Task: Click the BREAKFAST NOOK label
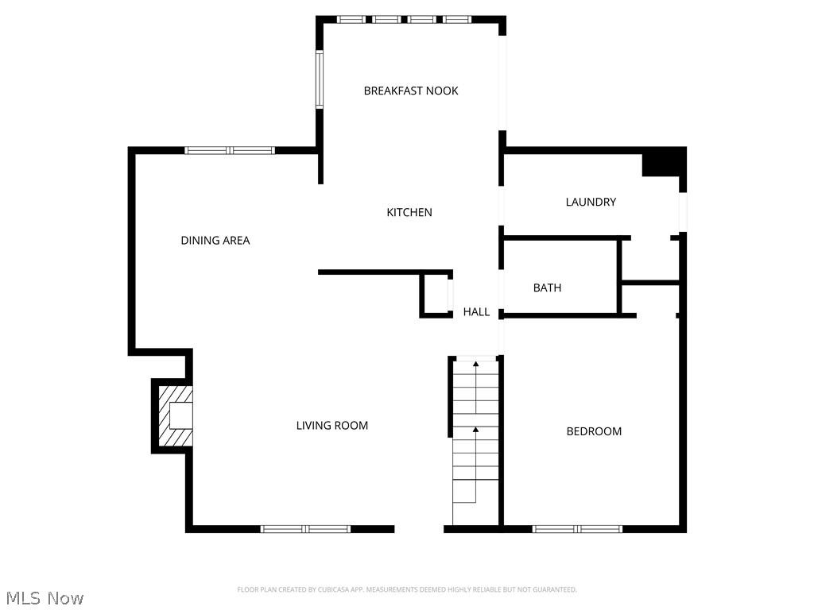(x=411, y=91)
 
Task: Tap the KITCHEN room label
(x=409, y=212)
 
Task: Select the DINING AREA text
(x=215, y=241)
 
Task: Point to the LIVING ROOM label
(x=332, y=426)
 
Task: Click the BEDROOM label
(x=594, y=431)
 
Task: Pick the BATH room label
(x=547, y=288)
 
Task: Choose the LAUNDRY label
(x=591, y=202)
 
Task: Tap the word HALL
(x=476, y=312)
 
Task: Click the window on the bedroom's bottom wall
(x=577, y=528)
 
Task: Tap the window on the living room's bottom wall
(x=306, y=528)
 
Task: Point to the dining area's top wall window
(x=230, y=150)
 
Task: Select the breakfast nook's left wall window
(x=320, y=79)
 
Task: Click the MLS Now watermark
(x=44, y=598)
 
